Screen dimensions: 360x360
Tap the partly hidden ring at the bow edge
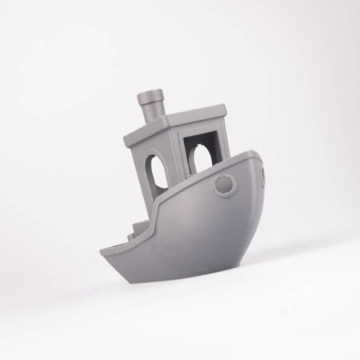tap(263, 174)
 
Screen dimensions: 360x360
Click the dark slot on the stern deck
tap(114, 244)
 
